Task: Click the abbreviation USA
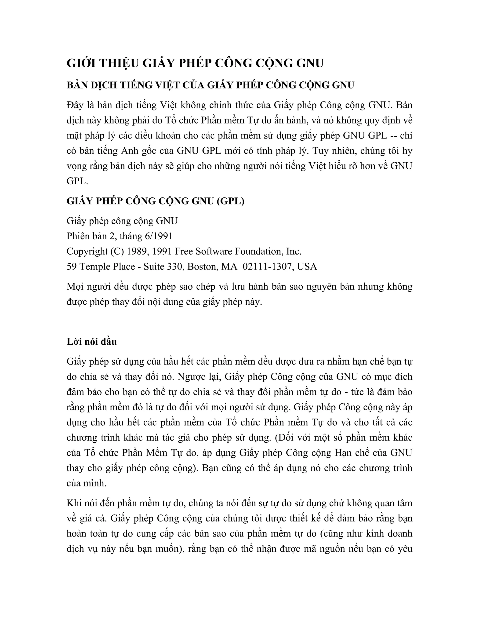[307, 266]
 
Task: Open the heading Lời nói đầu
[92, 342]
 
